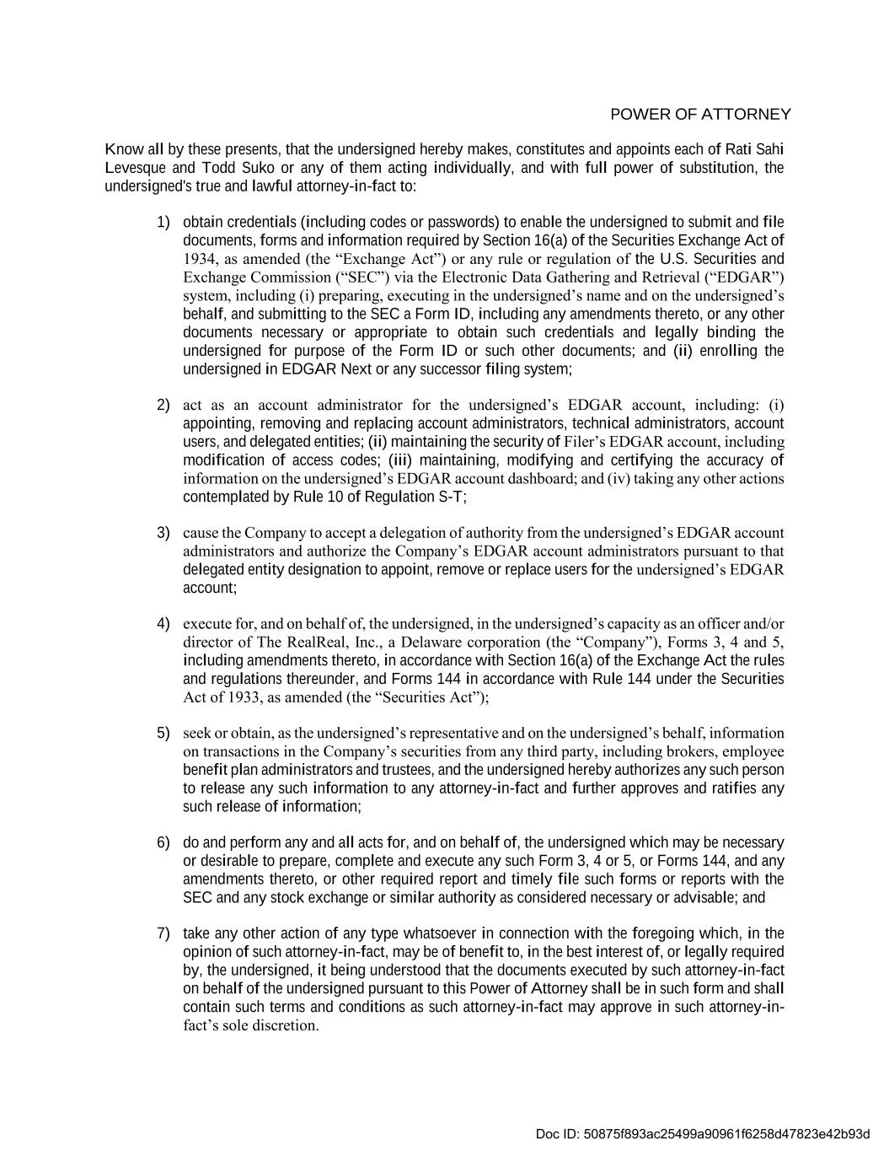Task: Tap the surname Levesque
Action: pos(136,168)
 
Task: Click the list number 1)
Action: pos(163,222)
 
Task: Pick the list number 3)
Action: pos(163,533)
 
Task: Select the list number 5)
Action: pos(163,732)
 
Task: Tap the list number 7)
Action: pos(163,933)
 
